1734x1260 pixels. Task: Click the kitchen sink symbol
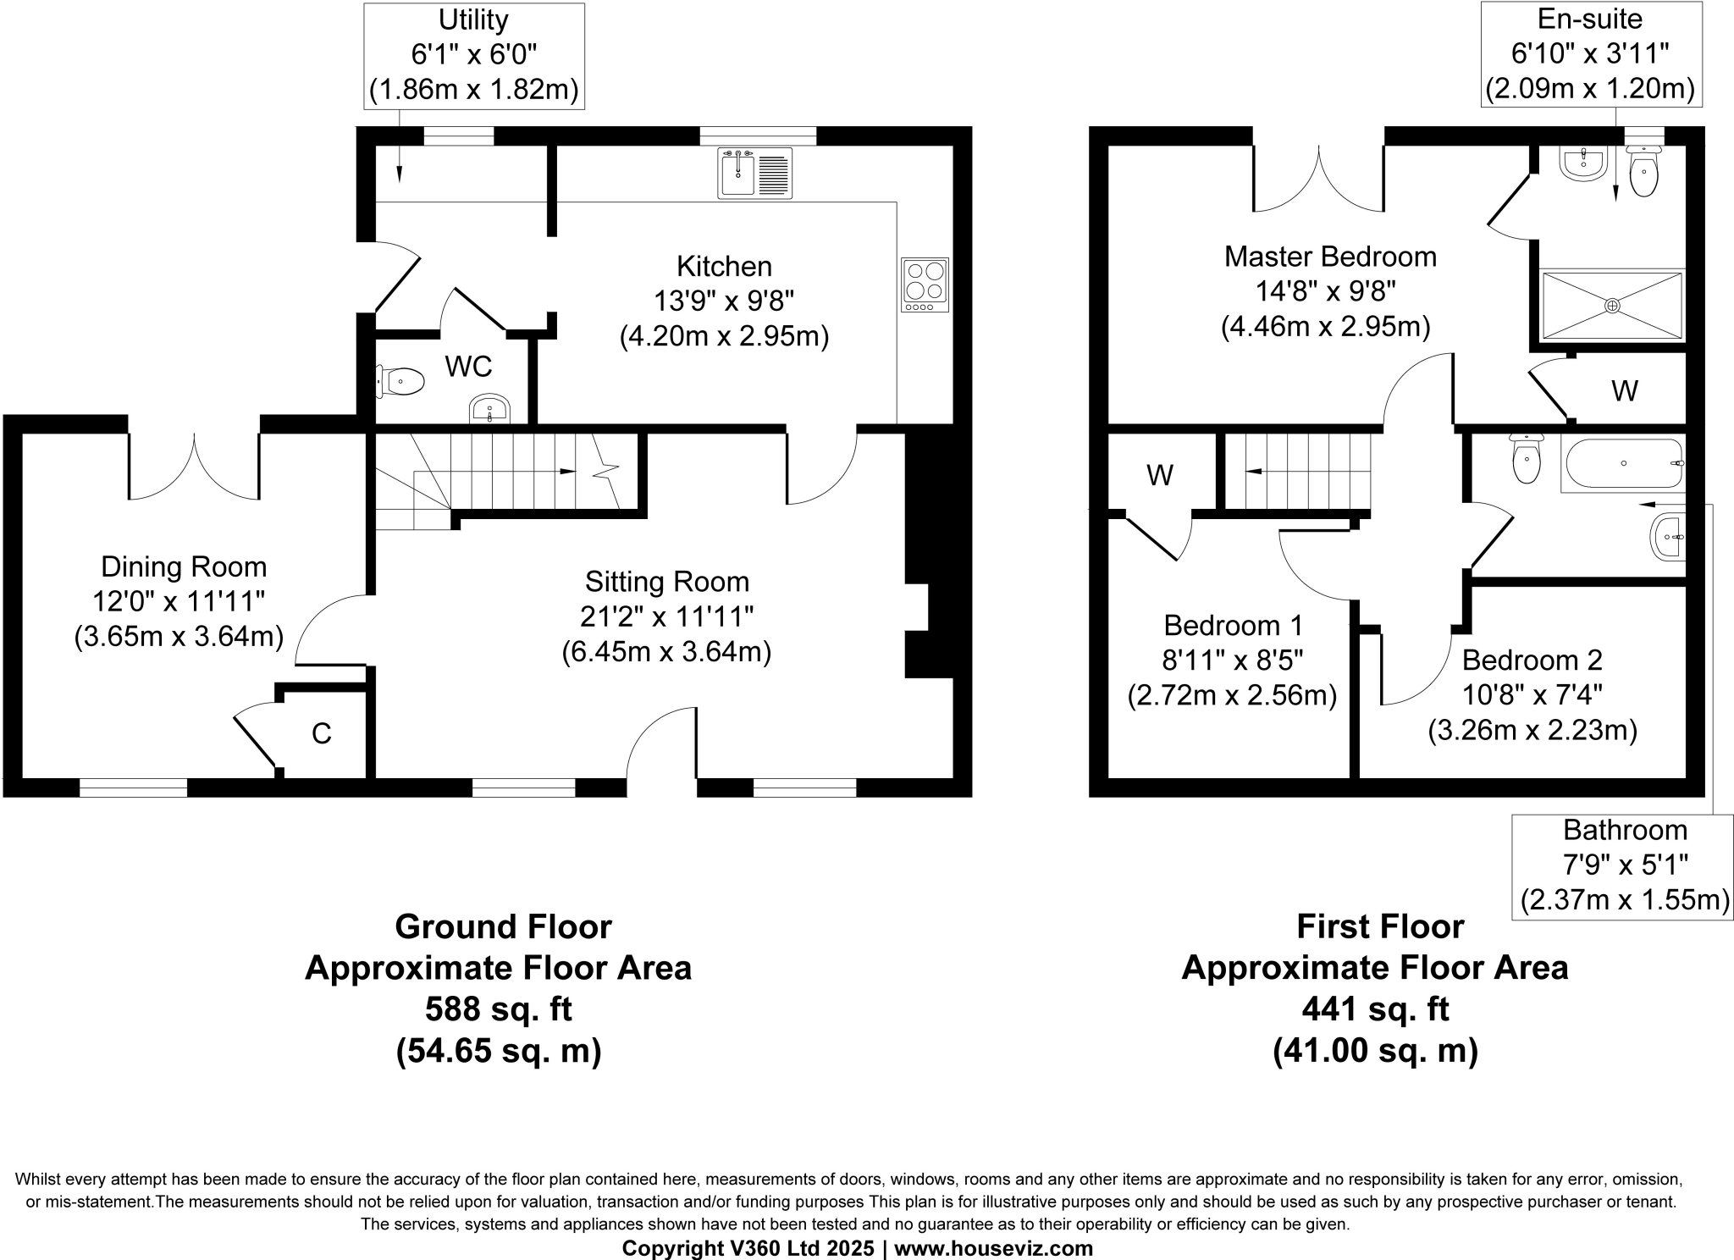[x=754, y=173]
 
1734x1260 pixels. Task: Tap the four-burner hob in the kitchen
[x=925, y=284]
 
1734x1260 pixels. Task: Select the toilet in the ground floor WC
[x=401, y=382]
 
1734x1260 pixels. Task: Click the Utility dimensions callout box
[x=474, y=56]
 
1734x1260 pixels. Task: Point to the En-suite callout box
[x=1590, y=54]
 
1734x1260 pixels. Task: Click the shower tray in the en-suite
[x=1612, y=306]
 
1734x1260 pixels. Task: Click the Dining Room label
[x=183, y=566]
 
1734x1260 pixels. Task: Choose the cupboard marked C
[x=322, y=733]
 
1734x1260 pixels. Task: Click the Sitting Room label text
[x=667, y=582]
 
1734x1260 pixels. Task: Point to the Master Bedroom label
[x=1329, y=257]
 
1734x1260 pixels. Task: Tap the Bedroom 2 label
[x=1532, y=660]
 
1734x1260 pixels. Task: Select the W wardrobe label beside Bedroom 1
[x=1159, y=476]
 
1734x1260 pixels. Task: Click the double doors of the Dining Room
[x=194, y=470]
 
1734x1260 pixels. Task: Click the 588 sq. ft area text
[x=498, y=1009]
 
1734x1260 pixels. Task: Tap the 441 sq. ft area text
[x=1375, y=1009]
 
